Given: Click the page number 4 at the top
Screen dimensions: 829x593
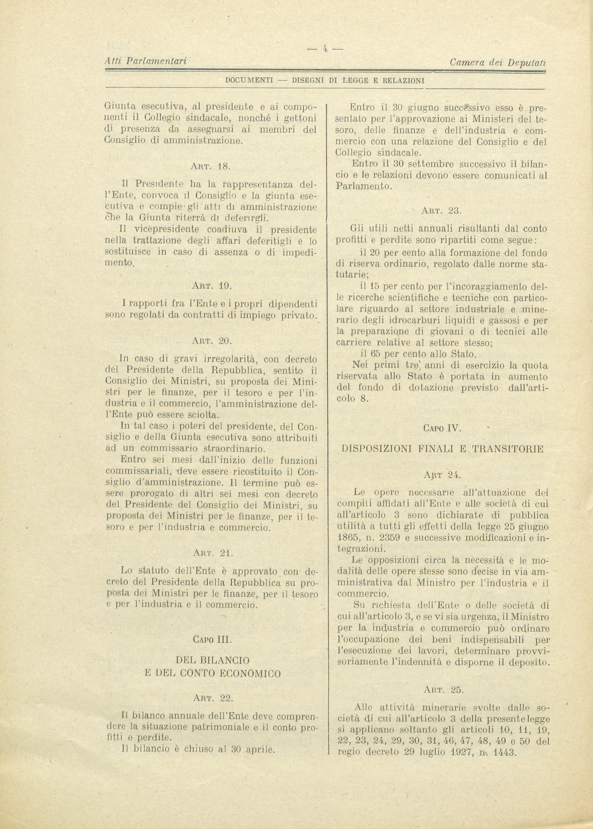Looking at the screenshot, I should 325,48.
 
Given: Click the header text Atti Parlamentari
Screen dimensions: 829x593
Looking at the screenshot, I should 145,61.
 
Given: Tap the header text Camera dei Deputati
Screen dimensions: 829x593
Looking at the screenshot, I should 498,62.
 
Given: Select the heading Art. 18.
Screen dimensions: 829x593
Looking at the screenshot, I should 211,167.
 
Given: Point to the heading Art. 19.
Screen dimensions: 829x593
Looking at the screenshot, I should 212,286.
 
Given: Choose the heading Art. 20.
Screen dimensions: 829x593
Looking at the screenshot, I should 212,341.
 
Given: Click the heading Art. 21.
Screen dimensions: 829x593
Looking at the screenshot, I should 212,553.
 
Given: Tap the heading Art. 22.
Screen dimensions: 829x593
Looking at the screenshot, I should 212,698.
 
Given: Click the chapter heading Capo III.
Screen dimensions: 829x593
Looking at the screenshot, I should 212,639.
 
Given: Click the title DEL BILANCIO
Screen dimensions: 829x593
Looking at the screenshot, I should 212,661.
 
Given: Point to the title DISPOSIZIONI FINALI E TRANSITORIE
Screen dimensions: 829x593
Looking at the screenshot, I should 442,449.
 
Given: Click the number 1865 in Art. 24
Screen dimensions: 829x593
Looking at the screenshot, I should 348,537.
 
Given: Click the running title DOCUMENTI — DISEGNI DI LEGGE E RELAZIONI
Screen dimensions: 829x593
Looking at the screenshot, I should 325,81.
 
